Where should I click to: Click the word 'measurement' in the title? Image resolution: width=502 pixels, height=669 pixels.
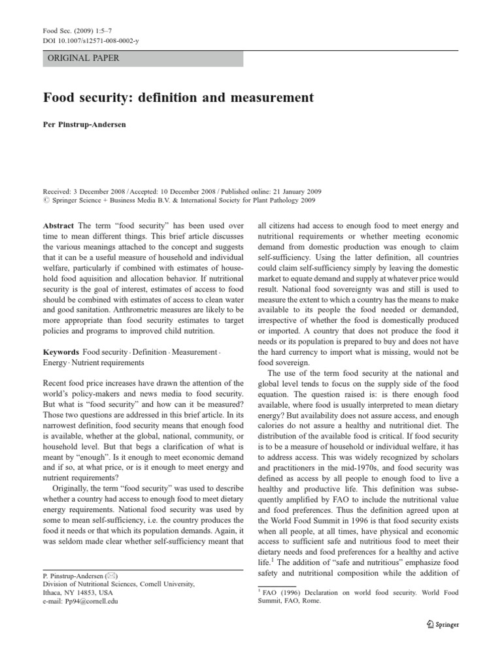pyautogui.click(x=270, y=98)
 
